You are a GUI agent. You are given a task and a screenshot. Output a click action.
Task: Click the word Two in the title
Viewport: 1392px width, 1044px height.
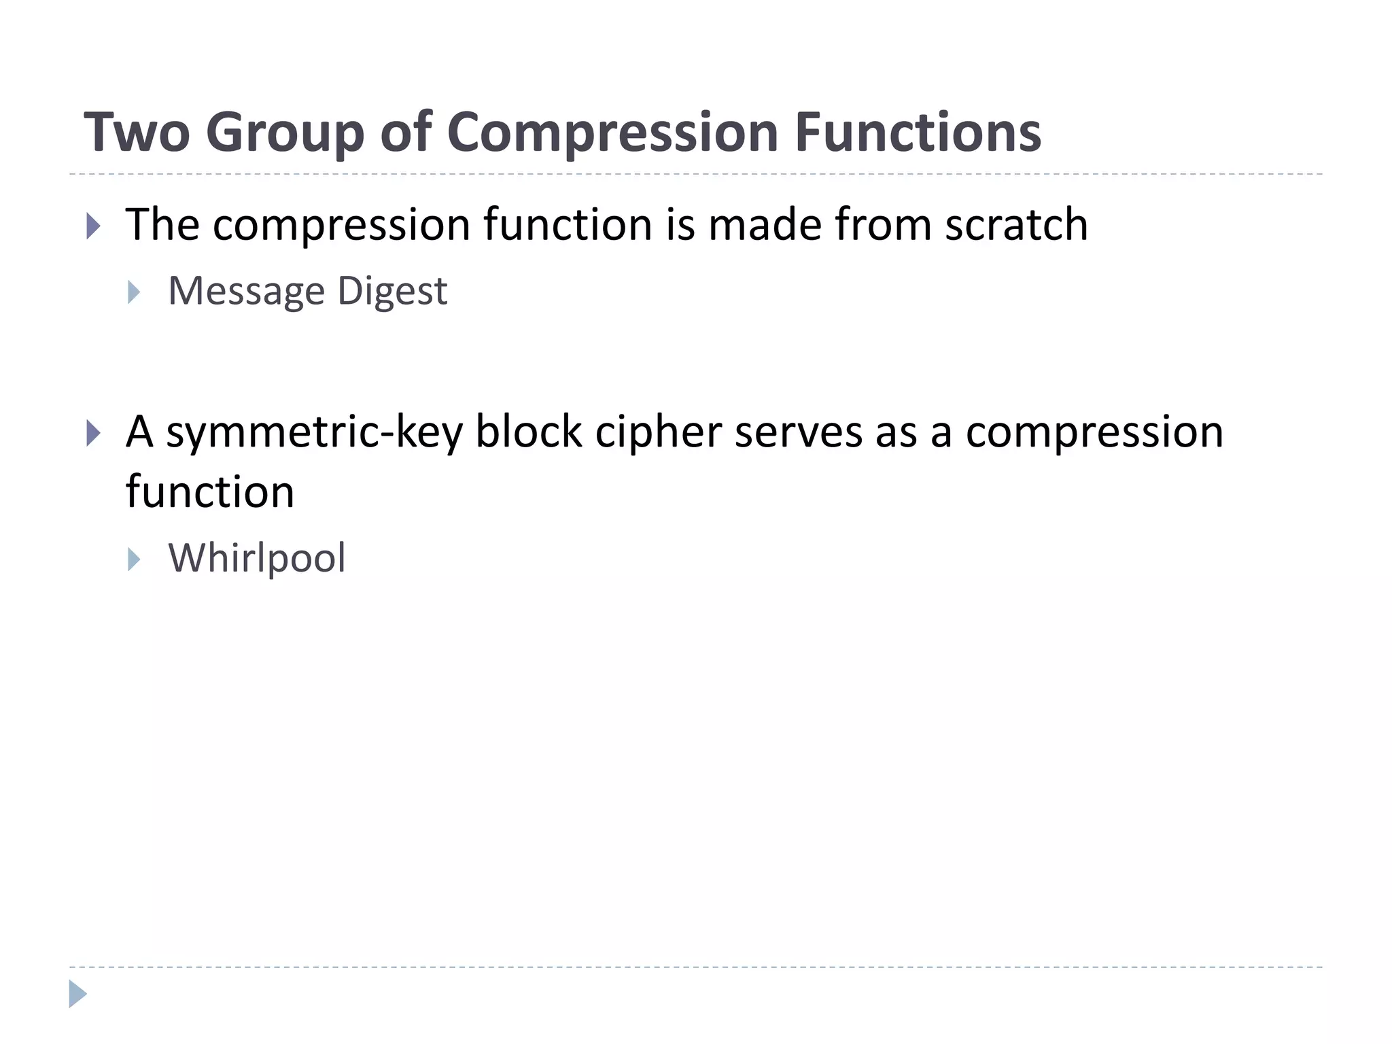[137, 132]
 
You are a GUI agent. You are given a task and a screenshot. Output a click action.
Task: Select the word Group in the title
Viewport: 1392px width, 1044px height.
[285, 133]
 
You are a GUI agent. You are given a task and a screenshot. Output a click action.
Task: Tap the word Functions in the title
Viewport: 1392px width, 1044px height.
[918, 132]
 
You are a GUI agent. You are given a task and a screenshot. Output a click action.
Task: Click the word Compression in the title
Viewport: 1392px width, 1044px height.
[612, 133]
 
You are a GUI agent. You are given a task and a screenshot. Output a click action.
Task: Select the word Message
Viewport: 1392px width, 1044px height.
[246, 292]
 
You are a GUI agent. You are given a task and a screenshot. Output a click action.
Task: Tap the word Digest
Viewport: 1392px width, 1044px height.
[392, 292]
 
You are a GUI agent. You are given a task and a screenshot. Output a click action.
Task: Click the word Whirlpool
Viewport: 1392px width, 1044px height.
[257, 559]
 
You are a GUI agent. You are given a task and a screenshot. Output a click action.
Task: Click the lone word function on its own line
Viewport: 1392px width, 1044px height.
[209, 492]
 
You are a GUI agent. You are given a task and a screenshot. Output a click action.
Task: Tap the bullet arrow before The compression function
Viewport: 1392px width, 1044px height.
[94, 226]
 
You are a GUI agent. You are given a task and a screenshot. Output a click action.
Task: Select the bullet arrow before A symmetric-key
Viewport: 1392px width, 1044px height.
[94, 433]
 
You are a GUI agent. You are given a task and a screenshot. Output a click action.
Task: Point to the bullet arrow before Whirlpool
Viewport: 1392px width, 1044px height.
[134, 559]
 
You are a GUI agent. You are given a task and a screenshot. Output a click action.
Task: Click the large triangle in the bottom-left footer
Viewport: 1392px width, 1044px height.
[77, 994]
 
